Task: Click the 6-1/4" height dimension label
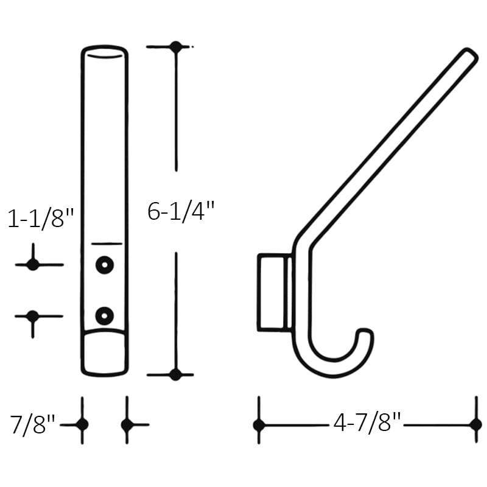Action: [x=181, y=211]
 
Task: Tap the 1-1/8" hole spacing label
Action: [x=40, y=219]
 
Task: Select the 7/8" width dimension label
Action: [x=33, y=424]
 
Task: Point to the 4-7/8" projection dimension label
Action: [x=367, y=422]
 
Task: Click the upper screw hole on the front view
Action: [x=105, y=265]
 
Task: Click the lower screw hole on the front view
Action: [x=105, y=315]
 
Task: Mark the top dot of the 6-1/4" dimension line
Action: [x=176, y=47]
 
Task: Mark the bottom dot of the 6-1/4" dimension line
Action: [x=175, y=374]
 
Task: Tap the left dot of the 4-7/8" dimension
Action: [x=259, y=424]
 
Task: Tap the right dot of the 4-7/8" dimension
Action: [x=475, y=424]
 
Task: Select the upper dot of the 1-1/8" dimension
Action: [x=33, y=265]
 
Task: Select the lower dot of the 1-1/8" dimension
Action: [x=33, y=316]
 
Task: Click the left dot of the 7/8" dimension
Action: [x=82, y=424]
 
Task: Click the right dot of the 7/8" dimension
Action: [x=127, y=424]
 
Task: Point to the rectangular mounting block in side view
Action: [x=272, y=293]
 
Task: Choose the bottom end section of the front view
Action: [x=105, y=353]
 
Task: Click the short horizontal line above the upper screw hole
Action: [x=107, y=244]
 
